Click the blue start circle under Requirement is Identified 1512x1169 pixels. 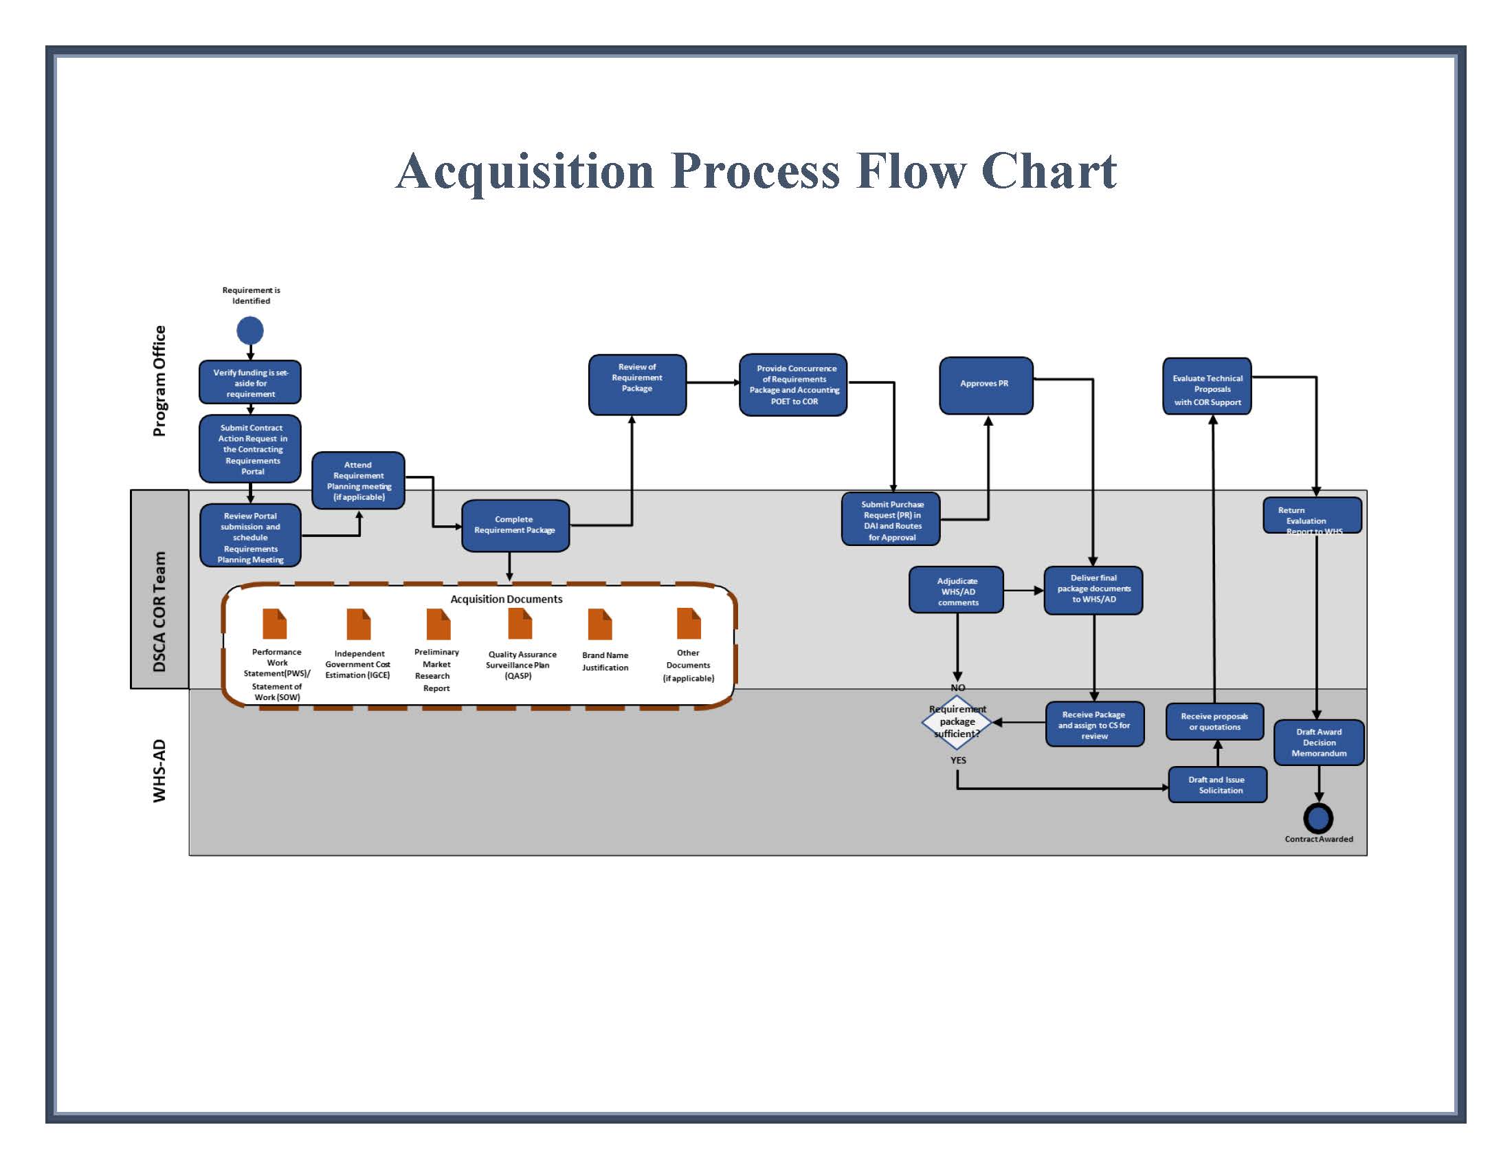click(x=250, y=330)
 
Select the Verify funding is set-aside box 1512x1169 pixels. click(x=250, y=382)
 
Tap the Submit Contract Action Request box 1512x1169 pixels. click(x=250, y=449)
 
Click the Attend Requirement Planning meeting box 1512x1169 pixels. click(x=358, y=481)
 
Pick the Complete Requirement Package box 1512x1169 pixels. click(x=515, y=525)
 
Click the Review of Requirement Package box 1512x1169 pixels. click(x=637, y=384)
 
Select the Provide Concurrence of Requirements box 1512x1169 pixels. click(x=793, y=384)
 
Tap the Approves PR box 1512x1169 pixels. click(x=985, y=384)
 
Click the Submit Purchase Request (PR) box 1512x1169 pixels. click(x=891, y=519)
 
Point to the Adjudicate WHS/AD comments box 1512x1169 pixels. click(x=957, y=591)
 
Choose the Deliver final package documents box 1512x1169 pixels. click(x=1093, y=589)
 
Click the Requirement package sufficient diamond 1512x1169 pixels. click(x=957, y=721)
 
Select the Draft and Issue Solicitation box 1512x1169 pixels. click(x=1217, y=785)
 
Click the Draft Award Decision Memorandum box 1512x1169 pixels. click(x=1319, y=743)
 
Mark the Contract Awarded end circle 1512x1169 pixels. click(x=1318, y=818)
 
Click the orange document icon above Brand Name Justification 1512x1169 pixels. click(x=599, y=624)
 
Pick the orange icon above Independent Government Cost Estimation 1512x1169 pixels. click(x=359, y=624)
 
